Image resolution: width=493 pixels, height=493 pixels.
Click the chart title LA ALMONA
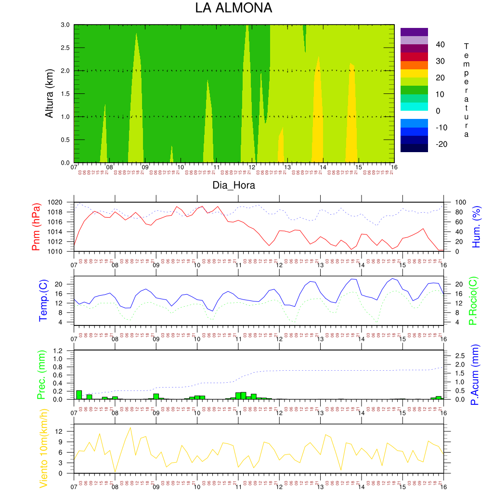pos(234,8)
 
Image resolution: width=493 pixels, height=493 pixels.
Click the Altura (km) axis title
pos(49,94)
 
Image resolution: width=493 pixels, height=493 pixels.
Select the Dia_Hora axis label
pos(234,185)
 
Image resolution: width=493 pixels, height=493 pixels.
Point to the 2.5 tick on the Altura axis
pos(65,48)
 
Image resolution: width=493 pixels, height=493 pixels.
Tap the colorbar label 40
pos(441,45)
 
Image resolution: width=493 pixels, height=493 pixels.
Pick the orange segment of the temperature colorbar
pos(414,65)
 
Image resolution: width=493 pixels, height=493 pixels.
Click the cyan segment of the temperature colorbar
pos(414,106)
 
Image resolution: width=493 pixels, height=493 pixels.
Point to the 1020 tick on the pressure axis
pos(63,202)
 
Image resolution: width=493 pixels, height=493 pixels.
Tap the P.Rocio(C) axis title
pos(473,300)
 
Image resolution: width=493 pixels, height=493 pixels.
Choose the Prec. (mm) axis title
pos(41,375)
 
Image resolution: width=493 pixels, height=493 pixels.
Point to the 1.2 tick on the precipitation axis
pos(64,350)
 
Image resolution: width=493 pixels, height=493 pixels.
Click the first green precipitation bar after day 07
pos(79,395)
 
